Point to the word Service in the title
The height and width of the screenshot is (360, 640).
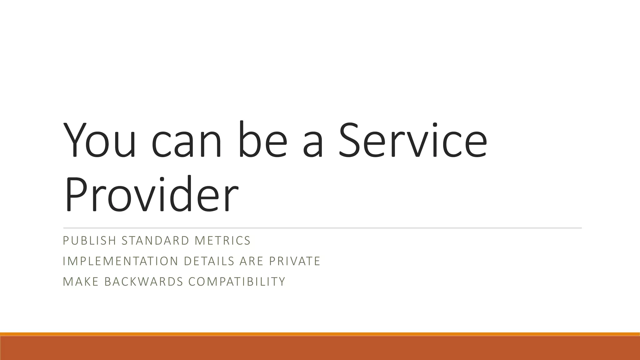tap(412, 141)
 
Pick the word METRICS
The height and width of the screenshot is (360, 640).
tap(222, 241)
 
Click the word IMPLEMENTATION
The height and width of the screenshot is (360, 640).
tap(120, 261)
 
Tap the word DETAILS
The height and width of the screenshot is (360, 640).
tap(209, 261)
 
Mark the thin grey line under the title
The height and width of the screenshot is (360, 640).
tap(322, 228)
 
